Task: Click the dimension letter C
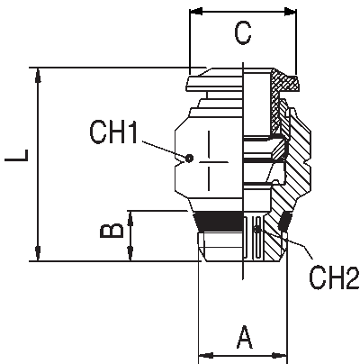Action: pos(243,34)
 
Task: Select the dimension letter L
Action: pos(17,155)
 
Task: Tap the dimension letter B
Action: pos(112,231)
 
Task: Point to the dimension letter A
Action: pos(245,337)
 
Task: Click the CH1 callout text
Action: pos(113,132)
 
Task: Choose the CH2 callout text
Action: pos(334,278)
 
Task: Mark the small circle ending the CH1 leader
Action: pos(189,158)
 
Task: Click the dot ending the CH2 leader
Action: pos(256,230)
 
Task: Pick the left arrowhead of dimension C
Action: pos(196,12)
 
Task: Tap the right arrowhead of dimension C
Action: pos(290,12)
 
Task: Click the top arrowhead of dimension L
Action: pos(38,75)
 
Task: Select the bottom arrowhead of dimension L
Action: pos(38,253)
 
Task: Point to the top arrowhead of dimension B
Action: pos(130,218)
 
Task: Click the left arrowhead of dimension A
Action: pos(206,356)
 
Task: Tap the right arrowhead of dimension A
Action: pos(280,356)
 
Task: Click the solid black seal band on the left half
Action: pos(218,222)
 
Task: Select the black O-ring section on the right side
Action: pos(284,222)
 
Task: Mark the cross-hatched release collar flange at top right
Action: pos(286,81)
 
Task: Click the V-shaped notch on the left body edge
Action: pos(179,163)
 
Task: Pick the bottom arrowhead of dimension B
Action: pos(130,253)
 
